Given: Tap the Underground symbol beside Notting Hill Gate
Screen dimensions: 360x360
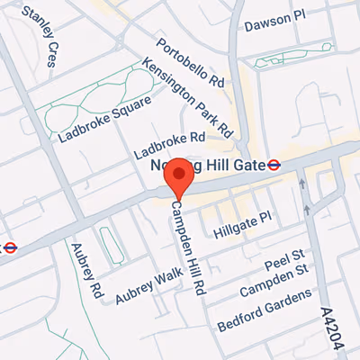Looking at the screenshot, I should point(274,166).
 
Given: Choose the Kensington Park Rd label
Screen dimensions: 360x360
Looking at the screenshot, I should point(188,94).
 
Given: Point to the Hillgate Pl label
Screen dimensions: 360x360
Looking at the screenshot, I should point(242,225).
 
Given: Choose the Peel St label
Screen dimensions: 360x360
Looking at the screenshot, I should point(286,258).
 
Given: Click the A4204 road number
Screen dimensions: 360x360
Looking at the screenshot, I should point(333,329).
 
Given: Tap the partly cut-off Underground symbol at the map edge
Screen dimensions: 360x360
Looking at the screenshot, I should point(9,247).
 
